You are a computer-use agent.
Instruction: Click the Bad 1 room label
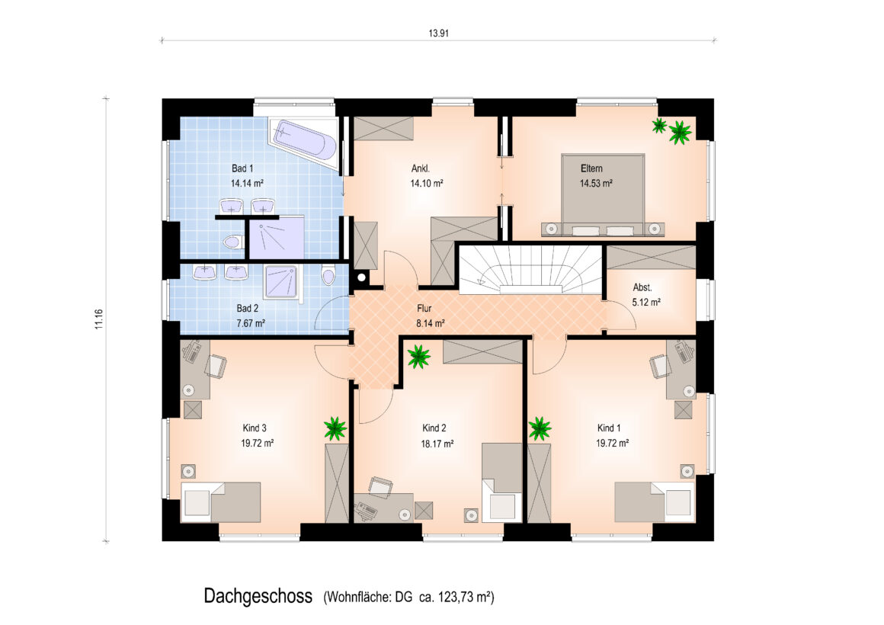242,168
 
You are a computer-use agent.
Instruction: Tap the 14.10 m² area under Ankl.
426,184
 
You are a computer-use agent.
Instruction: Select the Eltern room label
591,168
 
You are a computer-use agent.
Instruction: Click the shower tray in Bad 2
283,281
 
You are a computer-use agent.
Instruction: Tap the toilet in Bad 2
328,277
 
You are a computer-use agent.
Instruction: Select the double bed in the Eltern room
603,194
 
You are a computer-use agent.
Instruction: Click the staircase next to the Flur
530,269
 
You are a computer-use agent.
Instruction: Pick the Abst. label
642,287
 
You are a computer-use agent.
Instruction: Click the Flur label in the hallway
424,309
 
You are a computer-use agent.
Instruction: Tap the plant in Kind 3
335,428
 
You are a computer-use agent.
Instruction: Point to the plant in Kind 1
540,428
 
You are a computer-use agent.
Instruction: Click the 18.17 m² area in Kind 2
437,444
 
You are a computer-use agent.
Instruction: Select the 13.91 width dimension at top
439,34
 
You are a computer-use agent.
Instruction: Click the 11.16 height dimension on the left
99,319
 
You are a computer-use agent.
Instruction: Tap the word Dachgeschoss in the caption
258,596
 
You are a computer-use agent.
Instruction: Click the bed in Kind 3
220,502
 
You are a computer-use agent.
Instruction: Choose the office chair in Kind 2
381,487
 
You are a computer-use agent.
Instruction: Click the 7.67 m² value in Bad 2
251,323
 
